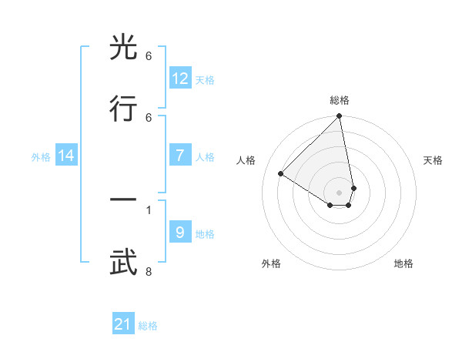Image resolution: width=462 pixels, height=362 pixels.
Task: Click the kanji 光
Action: coord(125,48)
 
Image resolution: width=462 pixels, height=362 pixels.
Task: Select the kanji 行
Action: coord(125,109)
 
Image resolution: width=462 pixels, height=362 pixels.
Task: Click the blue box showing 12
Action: coord(180,79)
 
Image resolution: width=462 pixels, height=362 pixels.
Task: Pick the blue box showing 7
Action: coord(180,156)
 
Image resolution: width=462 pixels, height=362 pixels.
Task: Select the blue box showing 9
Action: coord(180,233)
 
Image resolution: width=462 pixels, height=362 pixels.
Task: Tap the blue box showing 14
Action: coord(66,156)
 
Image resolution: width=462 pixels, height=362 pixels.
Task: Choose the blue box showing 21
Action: coord(123,324)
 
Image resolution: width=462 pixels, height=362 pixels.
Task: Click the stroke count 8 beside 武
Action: coord(148,271)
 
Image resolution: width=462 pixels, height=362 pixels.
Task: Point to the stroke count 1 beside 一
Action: coord(148,209)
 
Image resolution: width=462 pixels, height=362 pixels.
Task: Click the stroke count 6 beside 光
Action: coord(148,56)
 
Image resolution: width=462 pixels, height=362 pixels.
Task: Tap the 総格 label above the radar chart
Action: coord(339,100)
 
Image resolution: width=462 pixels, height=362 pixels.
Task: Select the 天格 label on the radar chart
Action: coord(433,160)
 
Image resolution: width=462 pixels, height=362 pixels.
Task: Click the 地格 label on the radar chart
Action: coord(403,263)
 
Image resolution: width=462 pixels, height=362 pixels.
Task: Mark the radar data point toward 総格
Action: coord(339,116)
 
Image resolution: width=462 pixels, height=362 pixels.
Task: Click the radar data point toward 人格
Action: coord(281,174)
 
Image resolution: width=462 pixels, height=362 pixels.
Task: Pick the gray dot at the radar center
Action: coord(339,193)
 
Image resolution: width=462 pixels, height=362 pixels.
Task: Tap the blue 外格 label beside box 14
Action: coord(41,156)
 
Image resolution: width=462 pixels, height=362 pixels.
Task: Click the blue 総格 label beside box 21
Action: coord(148,326)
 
